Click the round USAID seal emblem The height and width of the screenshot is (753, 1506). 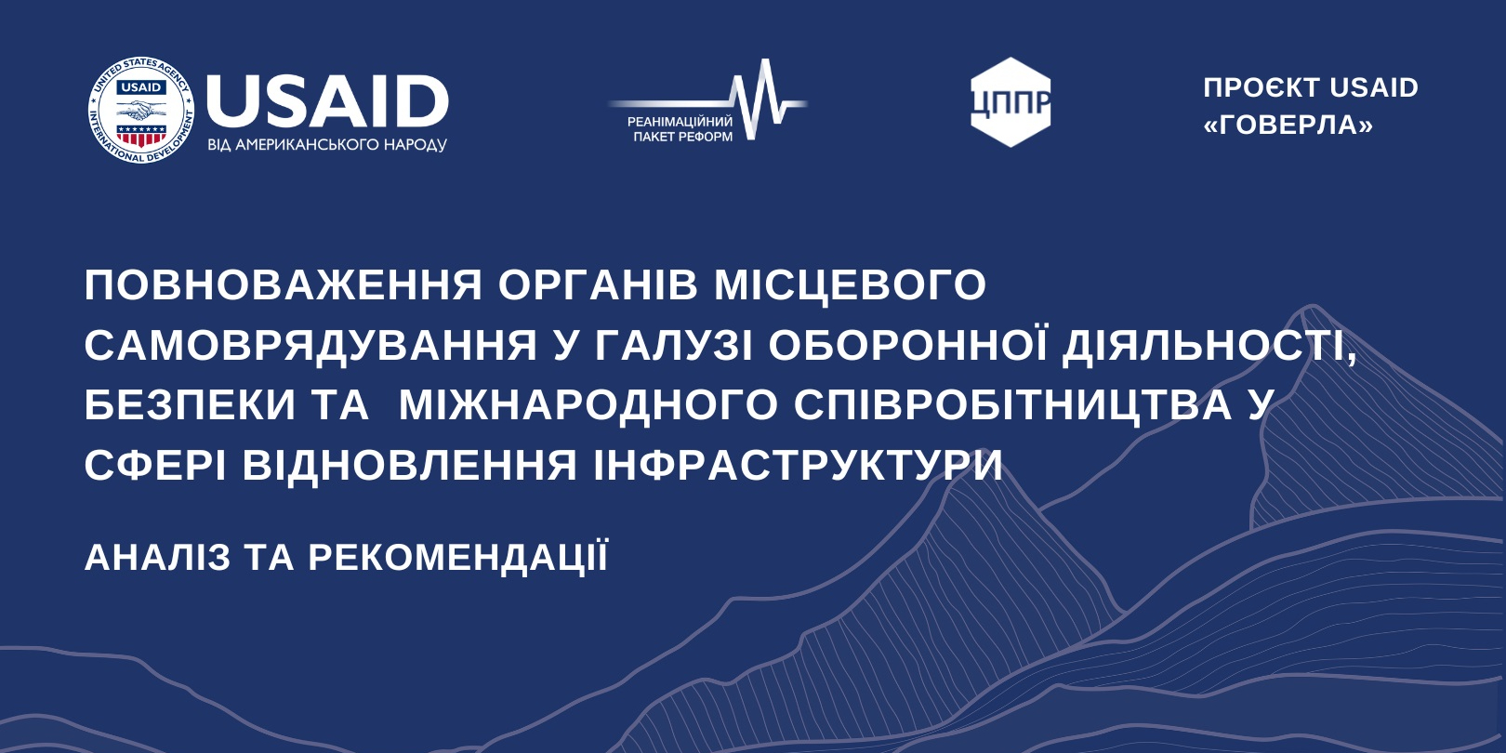pyautogui.click(x=141, y=110)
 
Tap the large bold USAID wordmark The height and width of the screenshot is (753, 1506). pyautogui.click(x=327, y=101)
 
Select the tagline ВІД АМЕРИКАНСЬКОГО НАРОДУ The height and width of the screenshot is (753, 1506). pyautogui.click(x=327, y=145)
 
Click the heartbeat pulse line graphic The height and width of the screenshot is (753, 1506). pyautogui.click(x=707, y=100)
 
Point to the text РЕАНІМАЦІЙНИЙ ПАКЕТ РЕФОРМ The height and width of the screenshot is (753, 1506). pyautogui.click(x=679, y=129)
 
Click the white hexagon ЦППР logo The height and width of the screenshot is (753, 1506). pyautogui.click(x=1011, y=102)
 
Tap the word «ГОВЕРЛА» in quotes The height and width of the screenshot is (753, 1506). pyautogui.click(x=1288, y=125)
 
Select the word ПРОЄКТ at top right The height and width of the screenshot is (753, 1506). pyautogui.click(x=1262, y=87)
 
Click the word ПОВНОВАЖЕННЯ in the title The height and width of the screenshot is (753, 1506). pyautogui.click(x=284, y=285)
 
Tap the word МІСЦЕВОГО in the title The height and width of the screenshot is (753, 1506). pyautogui.click(x=851, y=285)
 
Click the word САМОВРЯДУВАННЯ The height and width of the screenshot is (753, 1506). pyautogui.click(x=310, y=346)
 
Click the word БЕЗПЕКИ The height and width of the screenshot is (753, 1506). pyautogui.click(x=191, y=405)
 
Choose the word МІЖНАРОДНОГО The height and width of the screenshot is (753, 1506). pyautogui.click(x=588, y=405)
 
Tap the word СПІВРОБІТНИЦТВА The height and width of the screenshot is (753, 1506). pyautogui.click(x=1012, y=405)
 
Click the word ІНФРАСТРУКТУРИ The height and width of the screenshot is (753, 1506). pyautogui.click(x=798, y=465)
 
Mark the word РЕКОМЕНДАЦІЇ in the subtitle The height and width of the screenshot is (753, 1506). pyautogui.click(x=458, y=557)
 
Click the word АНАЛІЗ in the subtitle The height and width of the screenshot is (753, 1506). pyautogui.click(x=157, y=558)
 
